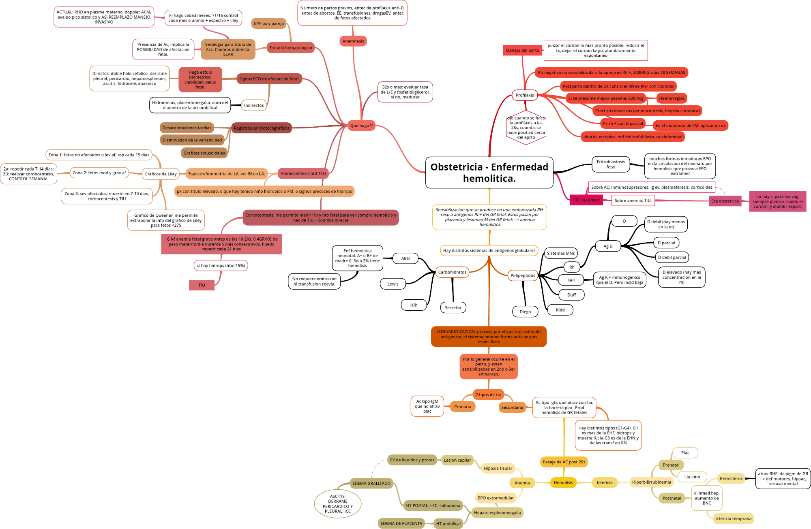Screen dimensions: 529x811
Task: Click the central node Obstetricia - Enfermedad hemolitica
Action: click(x=489, y=173)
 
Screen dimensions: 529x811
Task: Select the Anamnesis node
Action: click(x=353, y=41)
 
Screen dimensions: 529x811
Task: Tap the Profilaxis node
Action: click(x=525, y=95)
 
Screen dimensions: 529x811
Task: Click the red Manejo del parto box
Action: click(x=522, y=50)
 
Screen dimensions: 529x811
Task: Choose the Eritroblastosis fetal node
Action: click(x=611, y=164)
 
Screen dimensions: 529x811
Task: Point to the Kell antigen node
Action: click(x=571, y=280)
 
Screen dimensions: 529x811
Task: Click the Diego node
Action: click(x=525, y=311)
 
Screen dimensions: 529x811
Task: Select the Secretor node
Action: click(x=453, y=307)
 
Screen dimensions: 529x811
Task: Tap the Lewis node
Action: click(x=393, y=284)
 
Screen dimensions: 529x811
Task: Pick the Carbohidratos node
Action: click(x=452, y=272)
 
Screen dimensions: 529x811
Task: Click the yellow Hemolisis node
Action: click(x=563, y=482)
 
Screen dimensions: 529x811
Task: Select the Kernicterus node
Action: click(x=731, y=478)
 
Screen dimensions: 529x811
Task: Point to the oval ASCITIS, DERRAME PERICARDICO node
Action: click(x=337, y=503)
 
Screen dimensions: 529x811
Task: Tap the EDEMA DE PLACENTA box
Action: click(x=401, y=523)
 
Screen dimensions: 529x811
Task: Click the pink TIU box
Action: click(x=202, y=285)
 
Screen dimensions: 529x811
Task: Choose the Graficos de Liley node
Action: click(x=161, y=174)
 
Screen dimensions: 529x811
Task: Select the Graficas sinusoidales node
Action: click(x=204, y=153)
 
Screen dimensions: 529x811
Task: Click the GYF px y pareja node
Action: click(x=268, y=23)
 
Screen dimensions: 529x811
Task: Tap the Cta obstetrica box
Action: click(x=725, y=201)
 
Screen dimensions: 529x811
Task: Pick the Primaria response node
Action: click(x=462, y=407)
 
